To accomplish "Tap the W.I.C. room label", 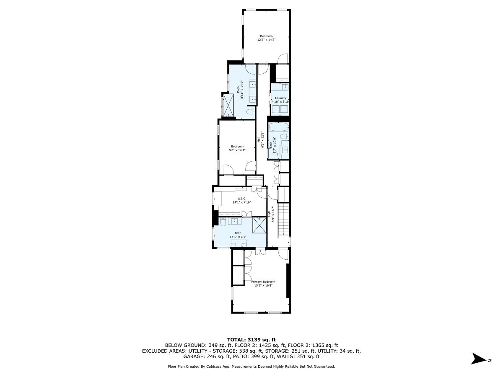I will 241,199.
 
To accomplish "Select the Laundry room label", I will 281,98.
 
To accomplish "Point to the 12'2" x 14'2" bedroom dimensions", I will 266,40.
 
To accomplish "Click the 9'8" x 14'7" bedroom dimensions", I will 237,150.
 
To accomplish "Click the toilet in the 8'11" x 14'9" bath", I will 250,112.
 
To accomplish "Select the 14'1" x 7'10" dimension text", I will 241,202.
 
